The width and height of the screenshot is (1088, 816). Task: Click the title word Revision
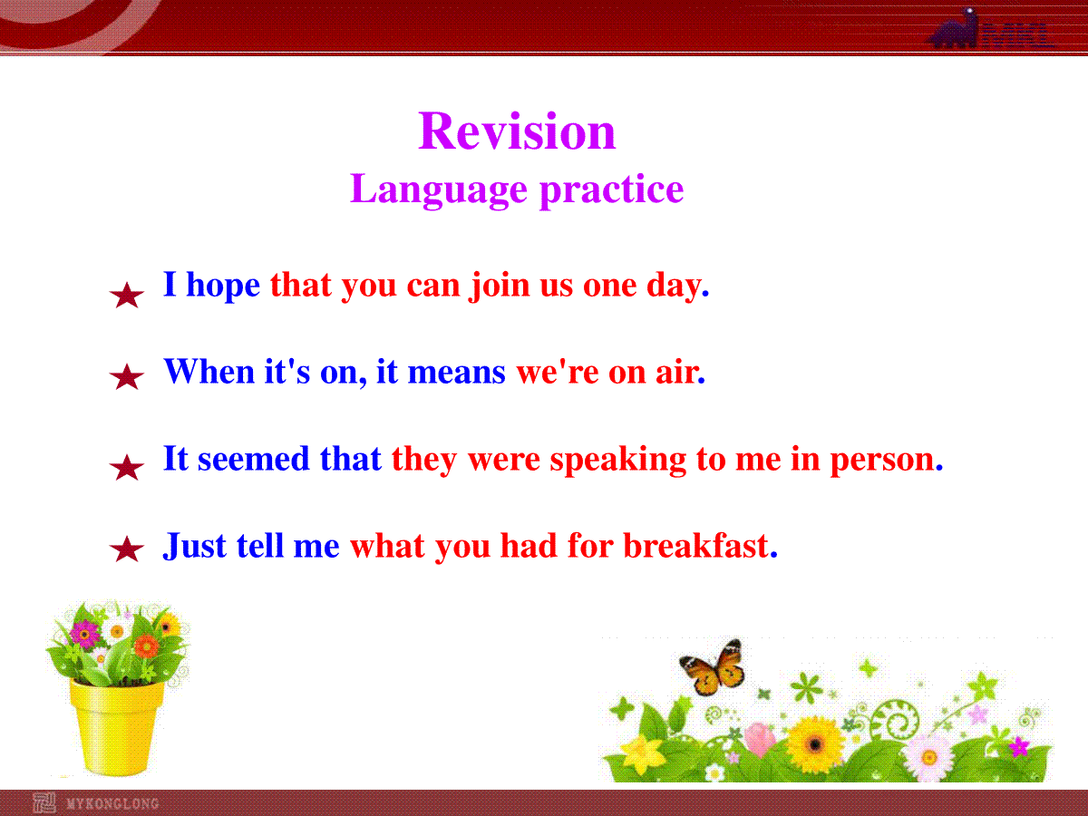[517, 131]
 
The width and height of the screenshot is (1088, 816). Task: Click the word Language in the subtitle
[439, 190]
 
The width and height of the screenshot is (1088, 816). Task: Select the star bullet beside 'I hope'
[126, 295]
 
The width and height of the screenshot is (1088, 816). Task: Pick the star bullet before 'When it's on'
[126, 376]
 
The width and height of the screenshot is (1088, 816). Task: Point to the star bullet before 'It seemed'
[126, 467]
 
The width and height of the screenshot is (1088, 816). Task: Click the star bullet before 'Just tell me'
[126, 549]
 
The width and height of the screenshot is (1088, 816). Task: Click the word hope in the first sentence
[223, 286]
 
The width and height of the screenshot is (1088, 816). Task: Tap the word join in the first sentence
[500, 286]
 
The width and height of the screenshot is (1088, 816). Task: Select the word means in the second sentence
[457, 373]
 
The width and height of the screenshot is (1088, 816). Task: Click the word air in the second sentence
[681, 373]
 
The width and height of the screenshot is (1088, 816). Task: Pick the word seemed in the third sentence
[253, 459]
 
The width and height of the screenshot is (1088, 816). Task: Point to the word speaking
[618, 461]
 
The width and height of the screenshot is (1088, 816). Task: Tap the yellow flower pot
[117, 728]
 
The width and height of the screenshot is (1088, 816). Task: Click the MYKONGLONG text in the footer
[112, 803]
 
